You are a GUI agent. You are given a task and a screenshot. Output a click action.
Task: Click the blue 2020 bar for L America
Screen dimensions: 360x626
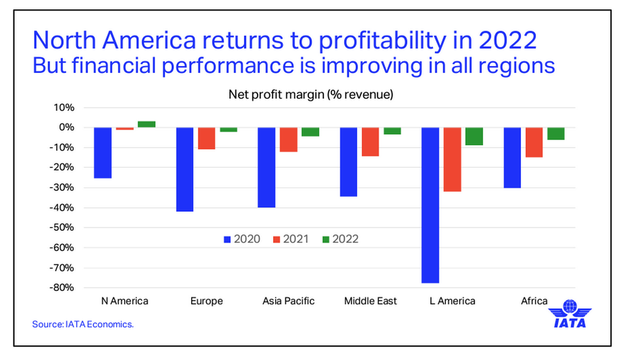coord(430,205)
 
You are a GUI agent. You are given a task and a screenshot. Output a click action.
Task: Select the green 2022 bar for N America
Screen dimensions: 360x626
coord(146,124)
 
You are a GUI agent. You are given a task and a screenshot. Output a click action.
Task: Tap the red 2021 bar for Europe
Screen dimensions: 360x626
coord(207,138)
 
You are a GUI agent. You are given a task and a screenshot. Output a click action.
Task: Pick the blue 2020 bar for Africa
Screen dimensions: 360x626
coord(512,157)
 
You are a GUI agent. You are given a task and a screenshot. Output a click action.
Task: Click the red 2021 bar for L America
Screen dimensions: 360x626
coord(452,159)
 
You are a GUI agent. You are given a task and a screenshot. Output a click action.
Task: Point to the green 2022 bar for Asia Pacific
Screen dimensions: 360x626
coord(310,132)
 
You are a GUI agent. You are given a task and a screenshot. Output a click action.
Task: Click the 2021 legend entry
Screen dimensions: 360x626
coord(290,239)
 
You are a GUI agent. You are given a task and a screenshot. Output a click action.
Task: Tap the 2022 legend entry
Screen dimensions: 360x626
coord(340,239)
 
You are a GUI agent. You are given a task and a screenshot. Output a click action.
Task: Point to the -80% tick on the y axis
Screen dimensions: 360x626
coord(64,288)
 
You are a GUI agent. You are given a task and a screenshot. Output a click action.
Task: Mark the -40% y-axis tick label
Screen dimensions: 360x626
coord(64,207)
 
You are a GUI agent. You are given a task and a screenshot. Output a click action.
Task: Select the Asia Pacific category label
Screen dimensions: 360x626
coord(288,301)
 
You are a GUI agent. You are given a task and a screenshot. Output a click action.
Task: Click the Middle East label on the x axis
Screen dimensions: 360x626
coord(370,301)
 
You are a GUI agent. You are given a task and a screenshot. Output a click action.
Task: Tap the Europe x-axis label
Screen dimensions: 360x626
coord(207,301)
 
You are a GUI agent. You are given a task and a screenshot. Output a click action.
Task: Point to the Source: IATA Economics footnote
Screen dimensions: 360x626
coord(83,323)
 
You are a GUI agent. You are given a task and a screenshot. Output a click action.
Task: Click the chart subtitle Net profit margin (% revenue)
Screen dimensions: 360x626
coord(310,94)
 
